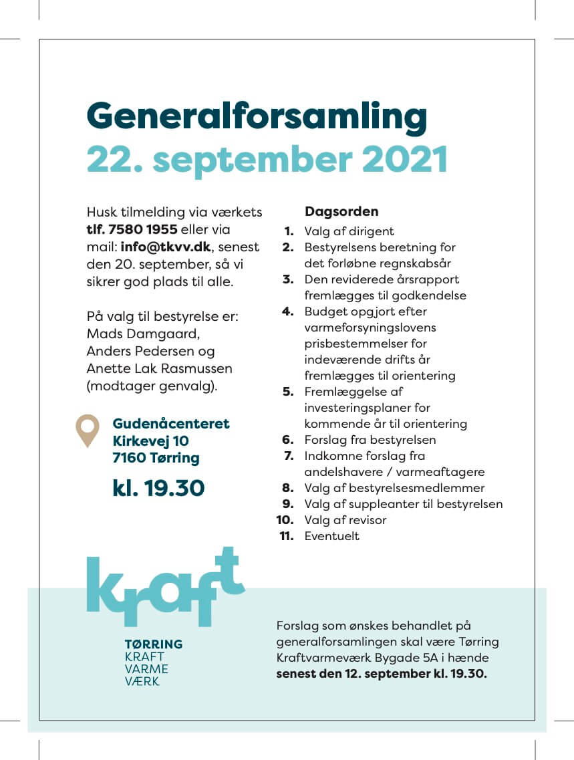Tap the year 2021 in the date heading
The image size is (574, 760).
click(x=400, y=159)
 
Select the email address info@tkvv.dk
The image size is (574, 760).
click(x=166, y=247)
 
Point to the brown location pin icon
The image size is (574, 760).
click(x=87, y=429)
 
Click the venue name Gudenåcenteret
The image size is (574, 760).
click(x=171, y=424)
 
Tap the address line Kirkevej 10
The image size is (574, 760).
click(x=150, y=441)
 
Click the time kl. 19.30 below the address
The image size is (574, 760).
click(x=158, y=488)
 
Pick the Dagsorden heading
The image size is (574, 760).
click(x=341, y=212)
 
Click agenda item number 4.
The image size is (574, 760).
click(x=288, y=311)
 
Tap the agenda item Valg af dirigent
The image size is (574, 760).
click(x=349, y=231)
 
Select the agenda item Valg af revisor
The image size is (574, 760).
click(x=345, y=520)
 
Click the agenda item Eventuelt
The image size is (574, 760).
click(x=331, y=536)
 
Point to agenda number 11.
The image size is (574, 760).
click(x=287, y=536)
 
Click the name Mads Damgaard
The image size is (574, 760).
click(x=142, y=333)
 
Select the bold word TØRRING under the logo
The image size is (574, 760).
click(x=154, y=644)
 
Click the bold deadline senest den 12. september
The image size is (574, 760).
click(x=349, y=674)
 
